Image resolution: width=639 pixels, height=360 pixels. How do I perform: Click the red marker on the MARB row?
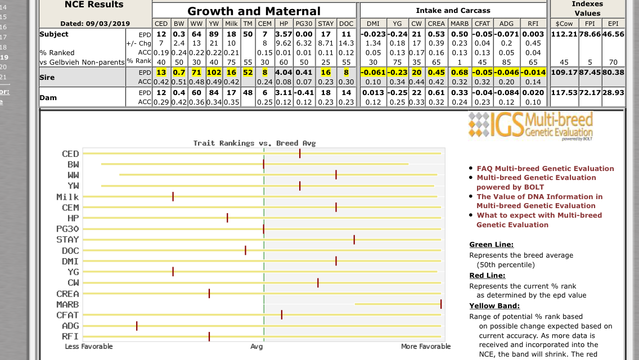tap(440, 304)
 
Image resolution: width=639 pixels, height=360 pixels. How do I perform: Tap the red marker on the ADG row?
tap(137, 326)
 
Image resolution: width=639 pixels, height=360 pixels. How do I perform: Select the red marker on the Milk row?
tap(173, 196)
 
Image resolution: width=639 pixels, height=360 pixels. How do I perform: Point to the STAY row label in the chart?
tap(67, 239)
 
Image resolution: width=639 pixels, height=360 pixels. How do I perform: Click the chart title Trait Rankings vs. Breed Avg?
tap(254, 143)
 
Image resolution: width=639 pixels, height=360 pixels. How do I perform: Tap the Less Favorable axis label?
tap(89, 346)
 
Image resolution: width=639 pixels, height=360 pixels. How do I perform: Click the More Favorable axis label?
tap(425, 346)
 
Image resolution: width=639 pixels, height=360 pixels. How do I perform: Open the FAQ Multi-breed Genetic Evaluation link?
tap(545, 168)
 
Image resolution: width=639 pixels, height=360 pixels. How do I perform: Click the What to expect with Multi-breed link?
tap(539, 215)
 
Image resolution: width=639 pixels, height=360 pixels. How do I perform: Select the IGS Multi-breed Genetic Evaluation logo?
tap(530, 125)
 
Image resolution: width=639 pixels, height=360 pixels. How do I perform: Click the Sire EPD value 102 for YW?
tap(214, 72)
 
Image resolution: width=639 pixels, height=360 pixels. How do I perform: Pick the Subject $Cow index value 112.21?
tap(564, 34)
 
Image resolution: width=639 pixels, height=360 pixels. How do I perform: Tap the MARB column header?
tap(459, 24)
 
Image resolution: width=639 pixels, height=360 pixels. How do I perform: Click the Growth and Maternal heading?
tap(254, 11)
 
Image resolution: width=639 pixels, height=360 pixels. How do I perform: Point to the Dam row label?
tap(48, 98)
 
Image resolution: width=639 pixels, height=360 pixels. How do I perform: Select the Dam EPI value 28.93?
tap(613, 93)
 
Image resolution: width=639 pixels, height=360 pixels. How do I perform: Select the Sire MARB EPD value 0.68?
tap(459, 72)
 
